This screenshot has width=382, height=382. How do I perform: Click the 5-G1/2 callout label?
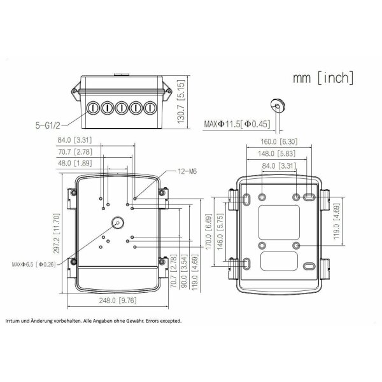[48, 125]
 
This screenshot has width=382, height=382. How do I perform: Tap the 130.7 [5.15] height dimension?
[181, 102]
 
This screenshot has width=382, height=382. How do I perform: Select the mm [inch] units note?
[323, 78]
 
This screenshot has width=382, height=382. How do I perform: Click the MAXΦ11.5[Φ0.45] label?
[237, 124]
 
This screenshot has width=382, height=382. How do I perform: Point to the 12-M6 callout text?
[187, 171]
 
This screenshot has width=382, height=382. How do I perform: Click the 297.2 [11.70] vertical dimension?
[57, 234]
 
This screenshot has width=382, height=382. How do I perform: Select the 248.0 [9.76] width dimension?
[118, 301]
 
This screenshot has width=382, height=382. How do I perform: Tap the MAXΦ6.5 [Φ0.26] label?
[34, 264]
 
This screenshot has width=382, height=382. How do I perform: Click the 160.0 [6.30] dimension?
[279, 141]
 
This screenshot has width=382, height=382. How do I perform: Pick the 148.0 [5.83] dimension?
[277, 153]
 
